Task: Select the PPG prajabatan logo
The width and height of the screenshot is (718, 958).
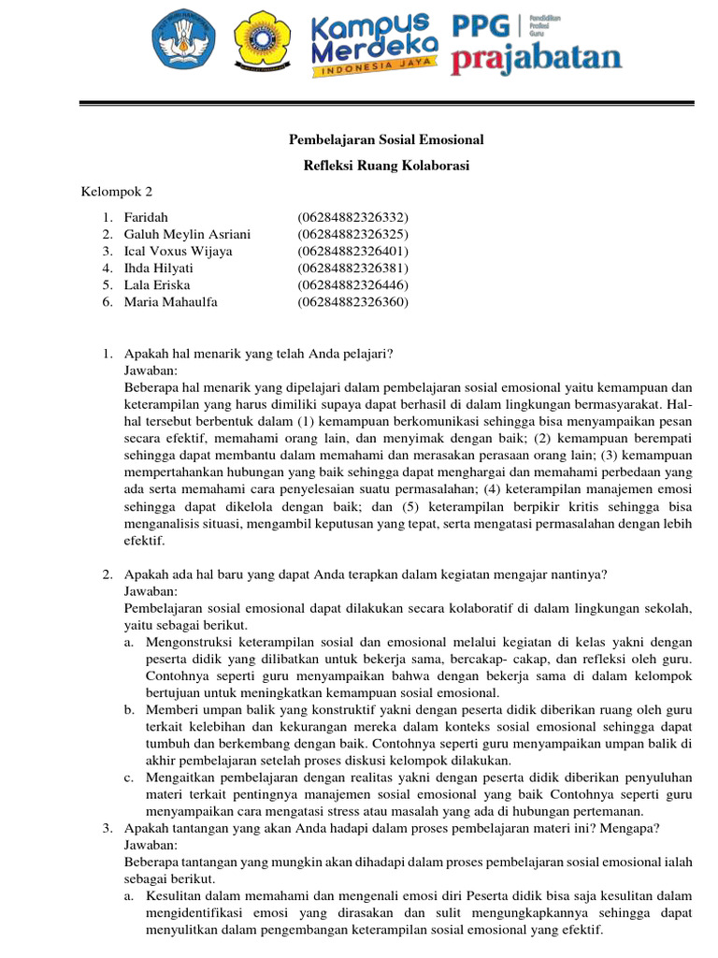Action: [537, 43]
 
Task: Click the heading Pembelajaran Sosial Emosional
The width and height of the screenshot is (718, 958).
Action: [384, 140]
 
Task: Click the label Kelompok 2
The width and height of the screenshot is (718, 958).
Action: [117, 193]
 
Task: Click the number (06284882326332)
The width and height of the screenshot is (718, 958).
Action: [353, 217]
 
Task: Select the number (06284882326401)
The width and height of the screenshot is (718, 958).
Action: [353, 251]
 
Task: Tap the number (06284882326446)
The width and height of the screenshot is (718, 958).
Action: [353, 284]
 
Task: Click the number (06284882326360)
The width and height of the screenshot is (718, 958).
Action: [353, 301]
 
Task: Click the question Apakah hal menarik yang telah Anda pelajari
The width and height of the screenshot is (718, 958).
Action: [259, 353]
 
